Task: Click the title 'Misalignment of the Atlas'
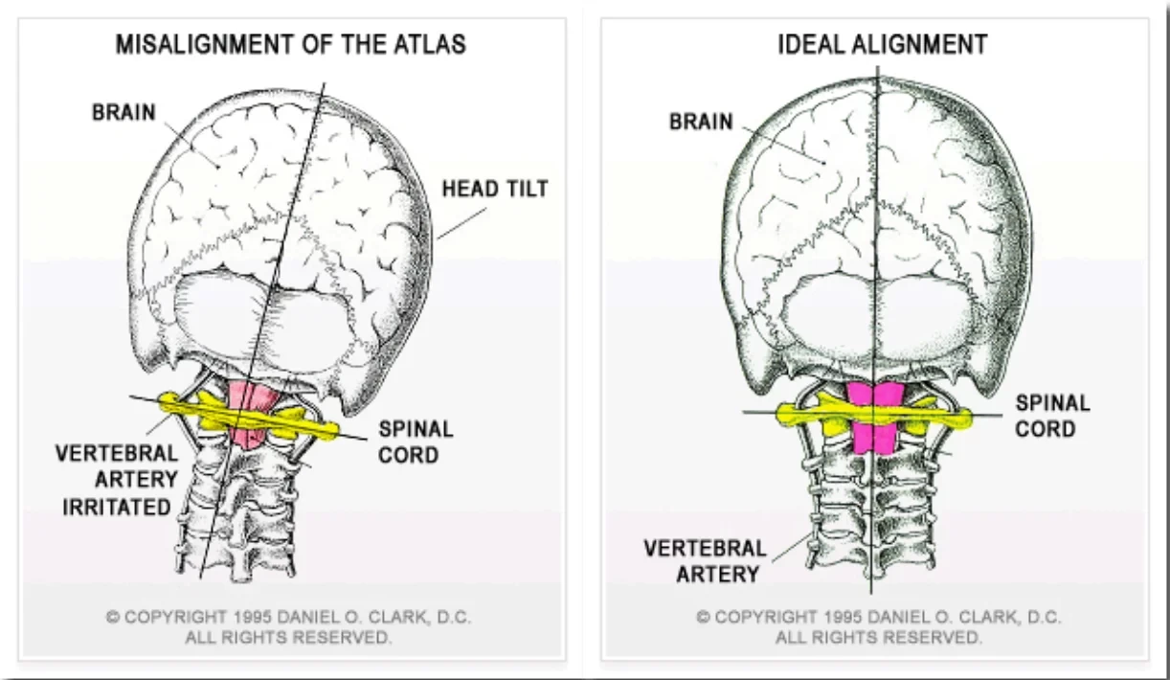290,45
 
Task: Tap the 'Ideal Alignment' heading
882,45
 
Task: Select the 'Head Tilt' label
495,189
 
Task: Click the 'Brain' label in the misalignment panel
124,113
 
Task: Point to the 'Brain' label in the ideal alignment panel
701,123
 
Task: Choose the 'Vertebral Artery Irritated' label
117,479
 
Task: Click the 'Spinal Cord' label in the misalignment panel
416,441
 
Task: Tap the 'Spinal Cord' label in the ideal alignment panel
1052,416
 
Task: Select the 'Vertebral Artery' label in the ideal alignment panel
705,561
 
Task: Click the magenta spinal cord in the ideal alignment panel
872,419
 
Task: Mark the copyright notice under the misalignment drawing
288,626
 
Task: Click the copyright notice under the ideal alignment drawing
878,626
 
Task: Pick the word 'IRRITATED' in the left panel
117,507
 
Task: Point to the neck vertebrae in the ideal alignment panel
871,508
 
